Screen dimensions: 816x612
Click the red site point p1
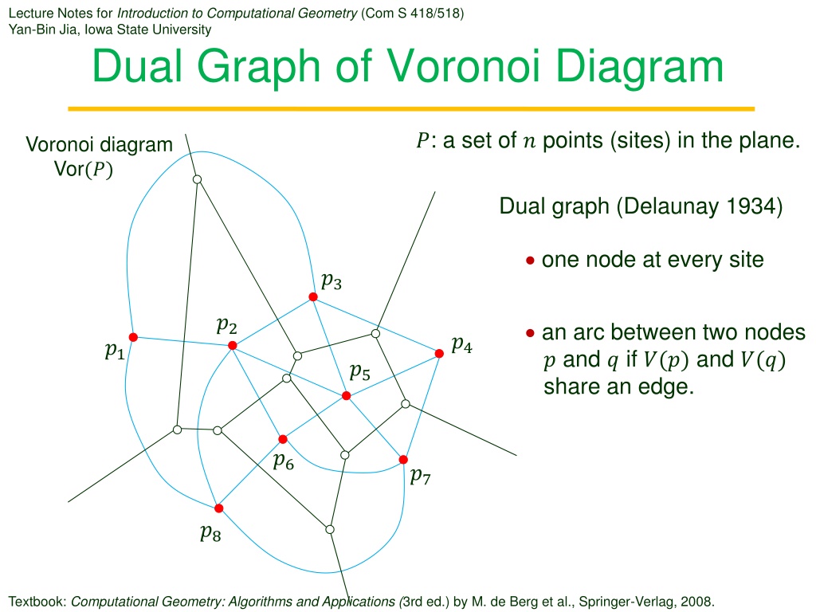tap(133, 337)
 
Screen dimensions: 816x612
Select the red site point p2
tap(233, 346)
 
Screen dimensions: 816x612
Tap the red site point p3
tap(312, 296)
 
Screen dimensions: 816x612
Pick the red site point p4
tap(439, 353)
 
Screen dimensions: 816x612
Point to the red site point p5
tap(346, 396)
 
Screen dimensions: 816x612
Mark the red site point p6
tap(283, 439)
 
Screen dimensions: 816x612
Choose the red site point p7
tap(403, 460)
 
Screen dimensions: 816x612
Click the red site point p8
tap(218, 508)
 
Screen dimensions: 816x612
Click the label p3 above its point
tap(331, 281)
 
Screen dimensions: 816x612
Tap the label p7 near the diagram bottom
tap(421, 476)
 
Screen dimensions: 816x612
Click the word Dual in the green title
tap(137, 66)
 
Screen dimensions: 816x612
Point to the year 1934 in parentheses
tap(751, 206)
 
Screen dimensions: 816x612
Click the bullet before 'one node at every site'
tap(530, 261)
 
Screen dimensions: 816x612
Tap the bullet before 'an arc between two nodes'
tap(530, 333)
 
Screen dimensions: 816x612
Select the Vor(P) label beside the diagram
tap(83, 169)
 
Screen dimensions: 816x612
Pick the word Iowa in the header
tap(98, 29)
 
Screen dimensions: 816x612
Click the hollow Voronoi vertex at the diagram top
tap(198, 179)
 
